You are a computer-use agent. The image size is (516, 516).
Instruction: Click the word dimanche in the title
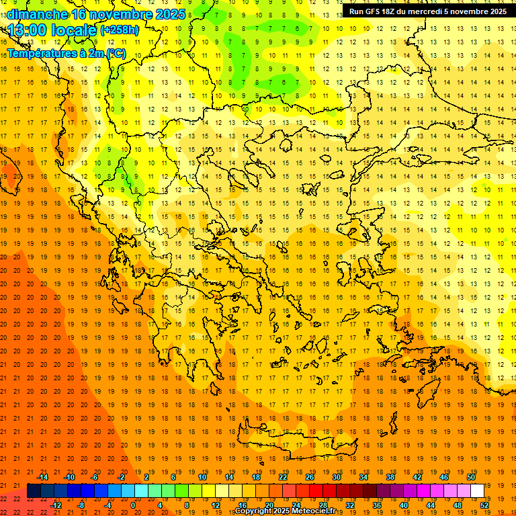[37, 14]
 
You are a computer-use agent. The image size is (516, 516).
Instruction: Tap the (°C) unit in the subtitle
[115, 53]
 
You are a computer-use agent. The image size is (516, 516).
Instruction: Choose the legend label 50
[470, 477]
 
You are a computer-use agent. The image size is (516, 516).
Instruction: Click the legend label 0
[133, 505]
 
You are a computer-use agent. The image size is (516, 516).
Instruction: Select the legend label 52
[485, 505]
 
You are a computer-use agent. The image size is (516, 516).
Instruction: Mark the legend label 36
[376, 505]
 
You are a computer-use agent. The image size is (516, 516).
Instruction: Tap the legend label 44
[431, 505]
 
